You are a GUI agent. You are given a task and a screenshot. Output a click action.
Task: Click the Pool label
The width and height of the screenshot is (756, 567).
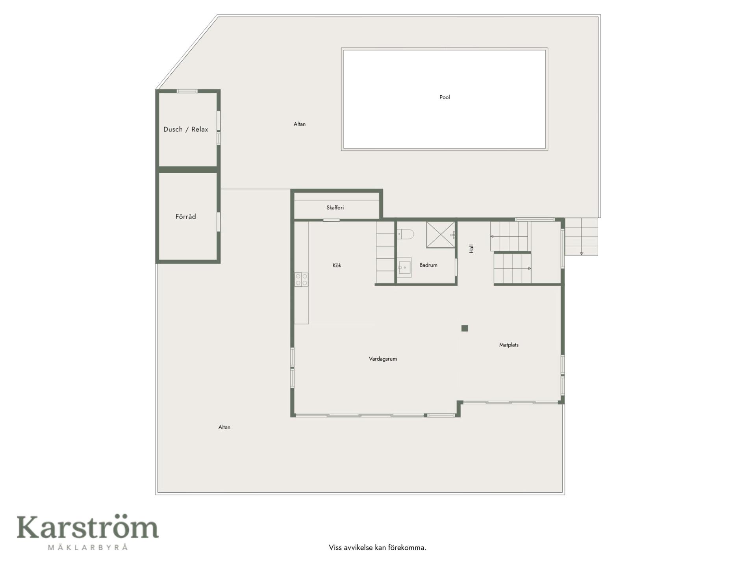click(445, 97)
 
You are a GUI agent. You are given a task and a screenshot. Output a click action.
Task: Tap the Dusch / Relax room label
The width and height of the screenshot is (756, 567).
click(186, 129)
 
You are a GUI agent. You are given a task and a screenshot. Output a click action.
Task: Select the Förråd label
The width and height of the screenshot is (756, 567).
click(186, 217)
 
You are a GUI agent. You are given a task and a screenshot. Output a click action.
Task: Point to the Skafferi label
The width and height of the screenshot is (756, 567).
click(335, 208)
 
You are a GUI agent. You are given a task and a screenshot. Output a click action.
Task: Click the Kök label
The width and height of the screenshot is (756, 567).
click(337, 265)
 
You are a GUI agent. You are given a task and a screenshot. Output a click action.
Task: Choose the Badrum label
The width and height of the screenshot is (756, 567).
click(428, 265)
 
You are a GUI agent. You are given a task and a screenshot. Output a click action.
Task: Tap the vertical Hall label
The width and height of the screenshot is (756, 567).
click(471, 248)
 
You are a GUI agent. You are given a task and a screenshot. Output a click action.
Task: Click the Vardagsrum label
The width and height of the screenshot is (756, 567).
click(383, 359)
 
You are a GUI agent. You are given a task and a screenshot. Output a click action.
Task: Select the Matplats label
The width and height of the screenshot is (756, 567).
click(509, 345)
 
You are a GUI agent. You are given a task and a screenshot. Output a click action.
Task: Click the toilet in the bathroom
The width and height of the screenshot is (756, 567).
click(405, 235)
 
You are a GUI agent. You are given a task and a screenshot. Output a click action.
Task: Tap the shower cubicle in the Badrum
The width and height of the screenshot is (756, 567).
click(441, 235)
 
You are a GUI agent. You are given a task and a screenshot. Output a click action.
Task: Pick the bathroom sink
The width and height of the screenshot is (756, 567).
click(404, 268)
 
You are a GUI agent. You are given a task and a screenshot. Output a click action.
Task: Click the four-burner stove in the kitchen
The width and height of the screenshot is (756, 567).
click(302, 280)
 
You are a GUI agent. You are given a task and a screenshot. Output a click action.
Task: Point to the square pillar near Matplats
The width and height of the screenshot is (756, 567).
click(465, 328)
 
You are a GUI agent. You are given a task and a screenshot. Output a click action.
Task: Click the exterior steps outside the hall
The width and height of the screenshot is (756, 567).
click(581, 237)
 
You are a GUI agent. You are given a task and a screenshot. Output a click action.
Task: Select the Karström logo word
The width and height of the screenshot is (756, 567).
click(87, 527)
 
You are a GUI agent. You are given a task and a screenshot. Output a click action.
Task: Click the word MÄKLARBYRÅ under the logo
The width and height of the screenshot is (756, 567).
click(88, 547)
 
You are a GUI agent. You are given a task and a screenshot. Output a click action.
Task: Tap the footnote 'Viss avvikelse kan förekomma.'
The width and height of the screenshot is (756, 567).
click(378, 547)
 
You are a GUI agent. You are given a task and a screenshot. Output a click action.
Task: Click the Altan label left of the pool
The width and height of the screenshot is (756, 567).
click(300, 124)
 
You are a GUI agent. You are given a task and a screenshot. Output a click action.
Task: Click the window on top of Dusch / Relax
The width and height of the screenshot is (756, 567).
click(187, 91)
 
